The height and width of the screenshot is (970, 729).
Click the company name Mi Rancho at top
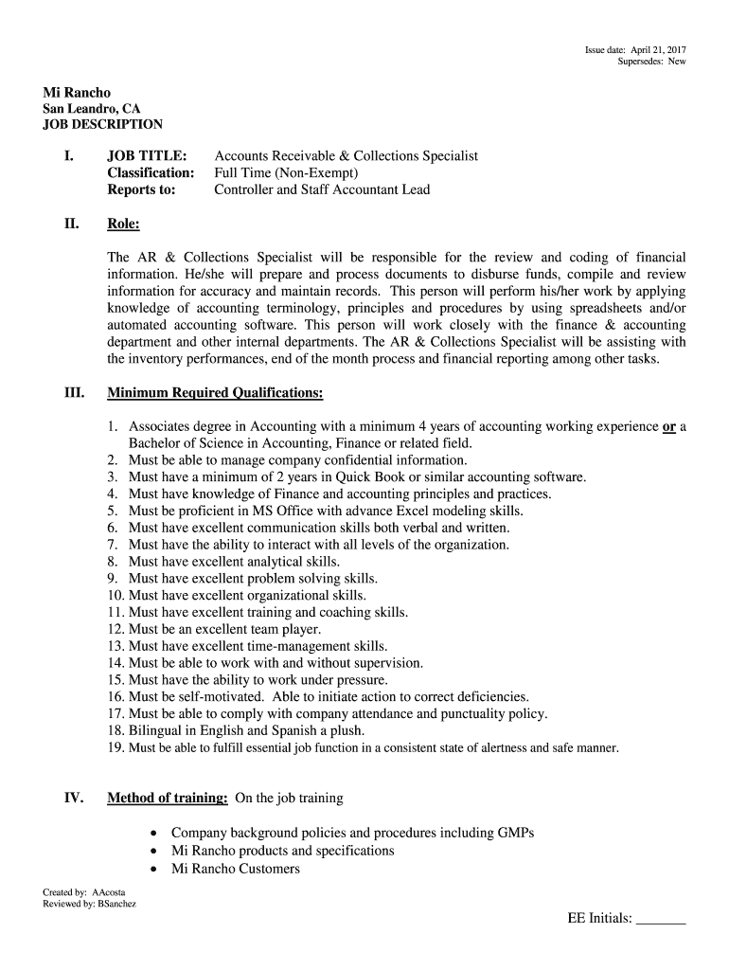[77, 93]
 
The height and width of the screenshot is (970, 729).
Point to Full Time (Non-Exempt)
[286, 172]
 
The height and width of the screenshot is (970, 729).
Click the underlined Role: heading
[124, 225]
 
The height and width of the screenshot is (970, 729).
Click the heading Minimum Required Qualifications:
[215, 392]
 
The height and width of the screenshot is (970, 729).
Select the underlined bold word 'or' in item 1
[668, 426]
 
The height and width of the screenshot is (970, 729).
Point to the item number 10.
[116, 595]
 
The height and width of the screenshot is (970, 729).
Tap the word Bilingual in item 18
[157, 730]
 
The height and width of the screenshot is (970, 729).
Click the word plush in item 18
[346, 730]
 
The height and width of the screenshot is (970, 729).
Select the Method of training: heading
[167, 798]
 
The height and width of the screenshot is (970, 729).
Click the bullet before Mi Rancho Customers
[153, 869]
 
